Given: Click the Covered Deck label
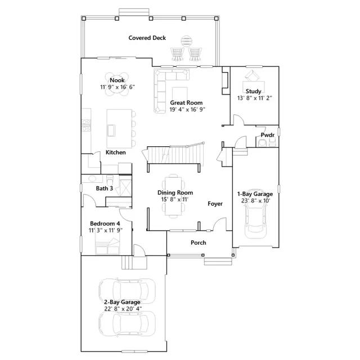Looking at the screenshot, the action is pyautogui.click(x=147, y=38).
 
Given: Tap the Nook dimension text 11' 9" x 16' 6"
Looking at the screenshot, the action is pyautogui.click(x=118, y=87).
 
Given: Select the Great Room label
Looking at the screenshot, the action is pyautogui.click(x=186, y=102).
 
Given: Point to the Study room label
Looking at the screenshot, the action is pyautogui.click(x=254, y=91).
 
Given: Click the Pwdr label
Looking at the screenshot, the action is pyautogui.click(x=268, y=135).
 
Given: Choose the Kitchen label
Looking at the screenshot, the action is pyautogui.click(x=115, y=152).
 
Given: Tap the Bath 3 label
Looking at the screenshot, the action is pyautogui.click(x=104, y=188).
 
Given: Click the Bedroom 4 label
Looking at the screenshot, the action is pyautogui.click(x=105, y=223).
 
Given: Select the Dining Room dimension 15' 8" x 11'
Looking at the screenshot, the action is pyautogui.click(x=175, y=199).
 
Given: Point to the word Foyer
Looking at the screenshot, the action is pyautogui.click(x=215, y=204).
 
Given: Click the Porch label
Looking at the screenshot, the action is pyautogui.click(x=199, y=242).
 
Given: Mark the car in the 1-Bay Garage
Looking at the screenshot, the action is pyautogui.click(x=255, y=221).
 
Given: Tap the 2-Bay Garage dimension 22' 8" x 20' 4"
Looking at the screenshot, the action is pyautogui.click(x=123, y=309).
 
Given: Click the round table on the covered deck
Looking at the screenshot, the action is pyautogui.click(x=186, y=41).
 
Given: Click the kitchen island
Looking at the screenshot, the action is pyautogui.click(x=119, y=129).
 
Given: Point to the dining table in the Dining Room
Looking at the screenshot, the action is pyautogui.click(x=173, y=196).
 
